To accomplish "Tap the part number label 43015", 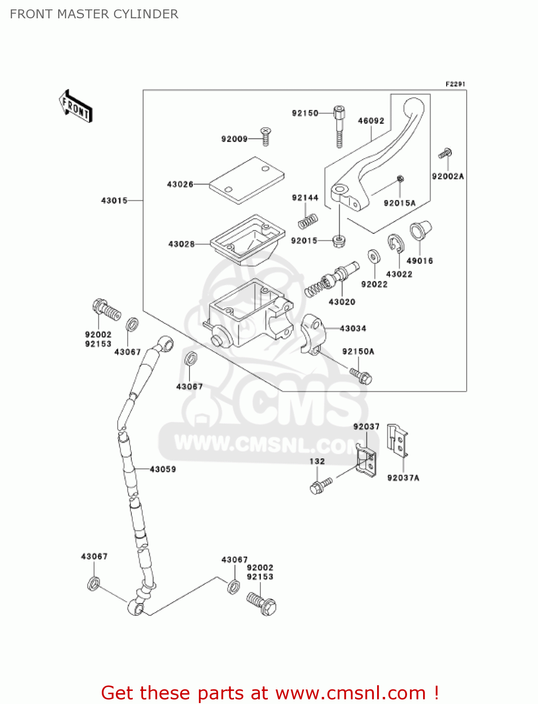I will (114, 200).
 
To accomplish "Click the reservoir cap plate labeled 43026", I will (247, 181).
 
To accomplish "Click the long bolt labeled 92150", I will (339, 126).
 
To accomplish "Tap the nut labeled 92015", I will (339, 241).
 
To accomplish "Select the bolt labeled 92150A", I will (361, 376).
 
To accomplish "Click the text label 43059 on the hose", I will (163, 469).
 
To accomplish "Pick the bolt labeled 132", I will (320, 486).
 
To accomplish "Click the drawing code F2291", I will (455, 84).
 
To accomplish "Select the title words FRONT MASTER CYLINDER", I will (94, 14).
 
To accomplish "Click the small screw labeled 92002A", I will (445, 153).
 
